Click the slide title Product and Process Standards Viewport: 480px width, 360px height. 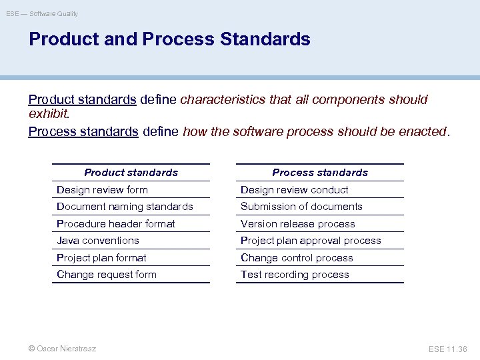[x=169, y=39]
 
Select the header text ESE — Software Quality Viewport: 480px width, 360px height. [x=42, y=13]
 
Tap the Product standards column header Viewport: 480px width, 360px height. [x=131, y=173]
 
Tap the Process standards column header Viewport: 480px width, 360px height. [x=320, y=173]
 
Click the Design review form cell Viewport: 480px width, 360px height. [x=102, y=190]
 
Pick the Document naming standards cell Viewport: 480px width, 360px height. [x=125, y=207]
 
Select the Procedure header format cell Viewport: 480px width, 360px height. [x=116, y=224]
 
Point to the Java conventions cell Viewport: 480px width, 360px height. [x=98, y=241]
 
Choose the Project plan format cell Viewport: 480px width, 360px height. [x=101, y=258]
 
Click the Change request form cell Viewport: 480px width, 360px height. [x=107, y=275]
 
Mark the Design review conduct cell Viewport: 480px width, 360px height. [x=294, y=190]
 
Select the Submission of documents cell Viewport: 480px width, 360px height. [x=301, y=207]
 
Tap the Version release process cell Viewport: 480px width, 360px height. [x=297, y=224]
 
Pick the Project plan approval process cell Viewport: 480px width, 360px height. [x=311, y=241]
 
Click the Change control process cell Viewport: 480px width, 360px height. [x=297, y=258]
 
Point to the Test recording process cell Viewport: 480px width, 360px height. [x=295, y=275]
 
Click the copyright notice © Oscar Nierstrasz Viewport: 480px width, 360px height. [x=62, y=349]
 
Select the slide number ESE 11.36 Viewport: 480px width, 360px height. [x=448, y=349]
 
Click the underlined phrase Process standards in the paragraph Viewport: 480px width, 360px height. [x=83, y=131]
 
